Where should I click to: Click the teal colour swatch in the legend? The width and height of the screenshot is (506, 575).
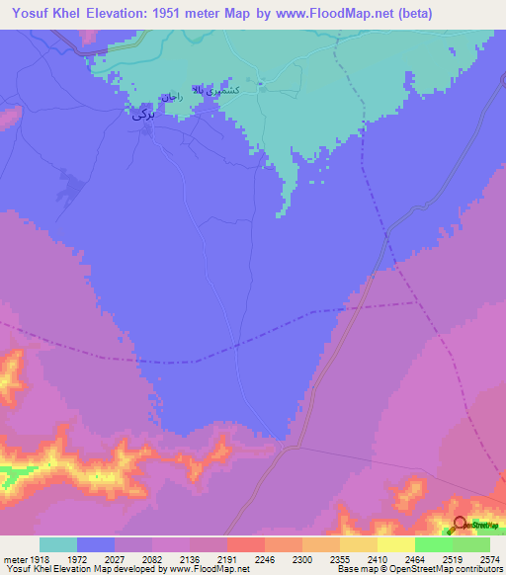point(58,544)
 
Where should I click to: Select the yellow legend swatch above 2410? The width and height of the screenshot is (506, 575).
point(359,544)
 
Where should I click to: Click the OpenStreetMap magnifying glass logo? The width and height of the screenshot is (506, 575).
point(460,526)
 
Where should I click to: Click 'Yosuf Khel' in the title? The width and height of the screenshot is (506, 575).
point(41,12)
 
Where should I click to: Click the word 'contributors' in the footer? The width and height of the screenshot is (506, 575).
point(477,568)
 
